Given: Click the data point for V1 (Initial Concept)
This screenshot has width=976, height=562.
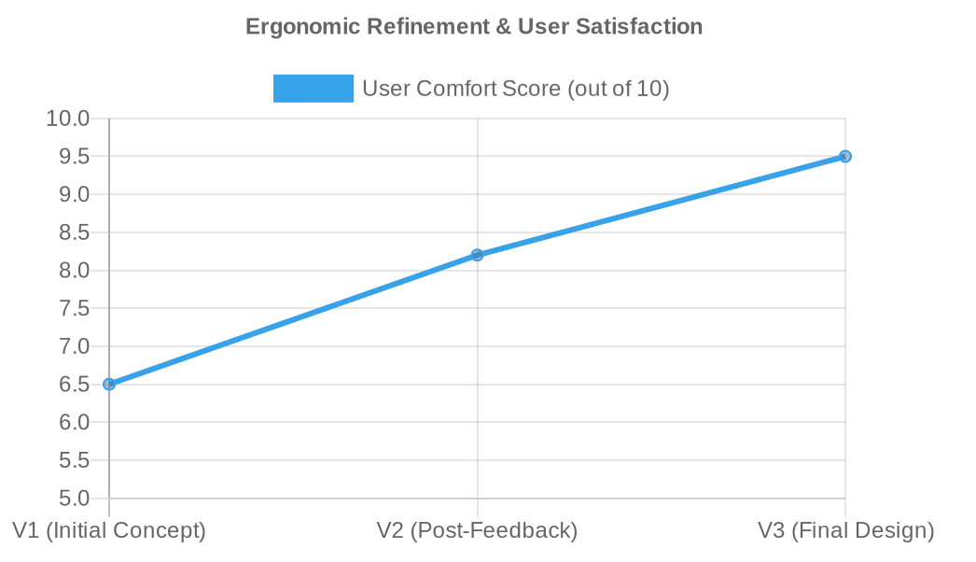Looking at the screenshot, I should point(109,384).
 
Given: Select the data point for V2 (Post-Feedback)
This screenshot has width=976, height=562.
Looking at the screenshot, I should point(477,255).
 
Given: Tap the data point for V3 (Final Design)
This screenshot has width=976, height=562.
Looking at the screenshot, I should point(845,156).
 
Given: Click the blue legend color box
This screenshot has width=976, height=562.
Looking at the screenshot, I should point(313,89).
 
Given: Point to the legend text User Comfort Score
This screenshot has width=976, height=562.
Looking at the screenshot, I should point(515,89).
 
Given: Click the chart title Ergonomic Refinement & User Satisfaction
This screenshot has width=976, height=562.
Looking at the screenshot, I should point(474,26).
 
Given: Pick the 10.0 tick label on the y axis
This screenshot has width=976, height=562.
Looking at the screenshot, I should point(67,119).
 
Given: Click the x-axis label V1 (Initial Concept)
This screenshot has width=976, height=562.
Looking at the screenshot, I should point(109,531).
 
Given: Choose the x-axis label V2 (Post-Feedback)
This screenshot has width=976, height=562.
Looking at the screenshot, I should point(477,531).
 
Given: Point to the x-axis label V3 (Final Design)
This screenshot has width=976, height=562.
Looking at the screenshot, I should point(845,531).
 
